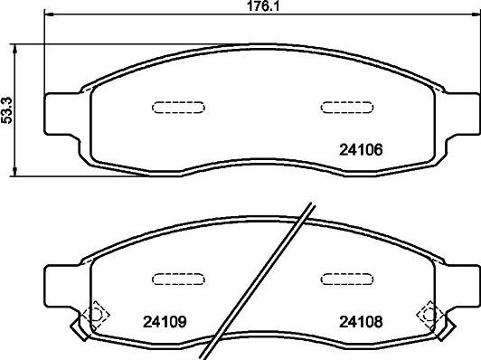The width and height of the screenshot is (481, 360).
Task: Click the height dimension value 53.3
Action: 8,109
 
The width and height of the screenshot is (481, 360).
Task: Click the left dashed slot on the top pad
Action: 170,107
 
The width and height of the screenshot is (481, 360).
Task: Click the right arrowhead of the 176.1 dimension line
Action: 463,15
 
